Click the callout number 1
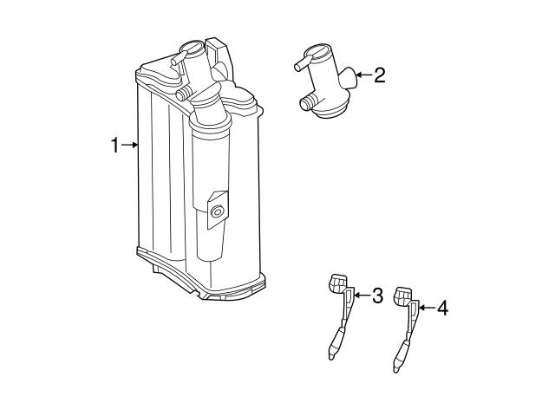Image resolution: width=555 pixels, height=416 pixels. [114, 146]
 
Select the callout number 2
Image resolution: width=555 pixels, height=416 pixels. [378, 75]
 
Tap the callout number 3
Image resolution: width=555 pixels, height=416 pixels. [376, 296]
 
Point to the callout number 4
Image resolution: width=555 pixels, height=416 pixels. [441, 307]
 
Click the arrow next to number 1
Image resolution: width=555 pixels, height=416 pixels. [130, 146]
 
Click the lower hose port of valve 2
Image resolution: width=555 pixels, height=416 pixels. [306, 104]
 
